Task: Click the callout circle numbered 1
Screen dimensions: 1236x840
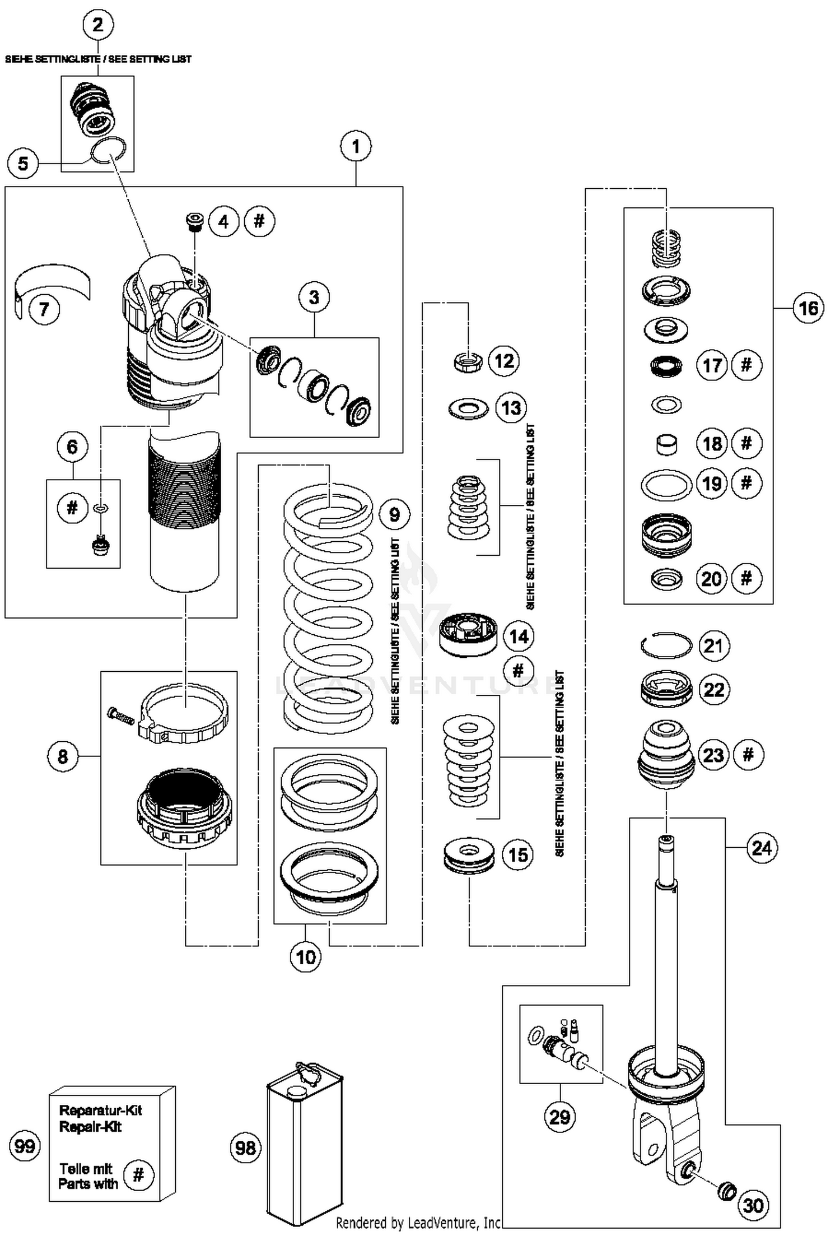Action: (356, 147)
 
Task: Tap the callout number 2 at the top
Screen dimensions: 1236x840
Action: (98, 25)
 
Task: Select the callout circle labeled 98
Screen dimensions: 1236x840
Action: (246, 1148)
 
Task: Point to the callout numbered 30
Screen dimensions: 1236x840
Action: (753, 1205)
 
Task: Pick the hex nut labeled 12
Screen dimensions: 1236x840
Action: (468, 361)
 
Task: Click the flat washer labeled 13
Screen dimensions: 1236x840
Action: (468, 408)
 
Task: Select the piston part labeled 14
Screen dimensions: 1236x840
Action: (468, 635)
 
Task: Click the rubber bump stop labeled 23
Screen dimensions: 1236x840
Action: (666, 755)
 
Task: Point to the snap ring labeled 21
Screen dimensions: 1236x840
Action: (666, 645)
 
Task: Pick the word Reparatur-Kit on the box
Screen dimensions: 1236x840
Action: (101, 1110)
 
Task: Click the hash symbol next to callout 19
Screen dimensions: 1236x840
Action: (746, 482)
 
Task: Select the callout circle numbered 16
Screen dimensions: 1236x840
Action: (808, 308)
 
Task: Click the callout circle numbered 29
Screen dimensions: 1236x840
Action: (560, 1117)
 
